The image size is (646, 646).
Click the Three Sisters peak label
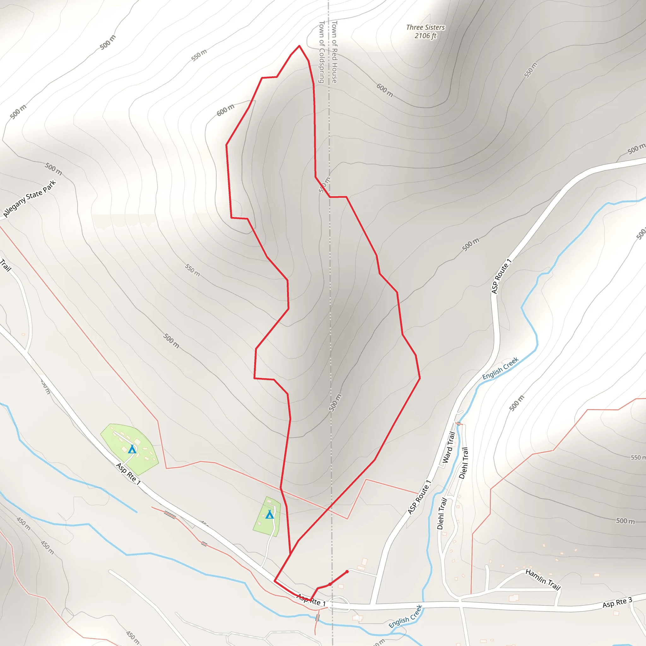pyautogui.click(x=425, y=27)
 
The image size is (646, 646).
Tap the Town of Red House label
pyautogui.click(x=334, y=52)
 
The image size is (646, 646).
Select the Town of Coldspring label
pyautogui.click(x=322, y=52)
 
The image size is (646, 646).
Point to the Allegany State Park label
pyautogui.click(x=29, y=199)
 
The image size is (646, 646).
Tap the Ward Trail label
pyautogui.click(x=449, y=447)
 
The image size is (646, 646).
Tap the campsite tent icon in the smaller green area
pyautogui.click(x=269, y=515)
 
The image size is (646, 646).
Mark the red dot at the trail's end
pyautogui.click(x=347, y=572)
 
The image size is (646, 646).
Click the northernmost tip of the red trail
pyautogui.click(x=299, y=46)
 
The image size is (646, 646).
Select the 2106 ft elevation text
pyautogui.click(x=425, y=36)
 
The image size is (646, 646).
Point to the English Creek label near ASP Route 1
pyautogui.click(x=500, y=368)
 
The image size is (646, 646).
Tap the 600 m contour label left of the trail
pyautogui.click(x=225, y=110)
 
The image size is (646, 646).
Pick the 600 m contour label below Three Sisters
pyautogui.click(x=385, y=90)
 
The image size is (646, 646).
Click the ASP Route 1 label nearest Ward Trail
pyautogui.click(x=419, y=497)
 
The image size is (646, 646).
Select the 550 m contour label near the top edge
pyautogui.click(x=199, y=55)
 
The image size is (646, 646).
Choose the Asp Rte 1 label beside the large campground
pyautogui.click(x=128, y=474)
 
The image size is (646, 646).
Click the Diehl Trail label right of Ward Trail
pyautogui.click(x=463, y=463)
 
